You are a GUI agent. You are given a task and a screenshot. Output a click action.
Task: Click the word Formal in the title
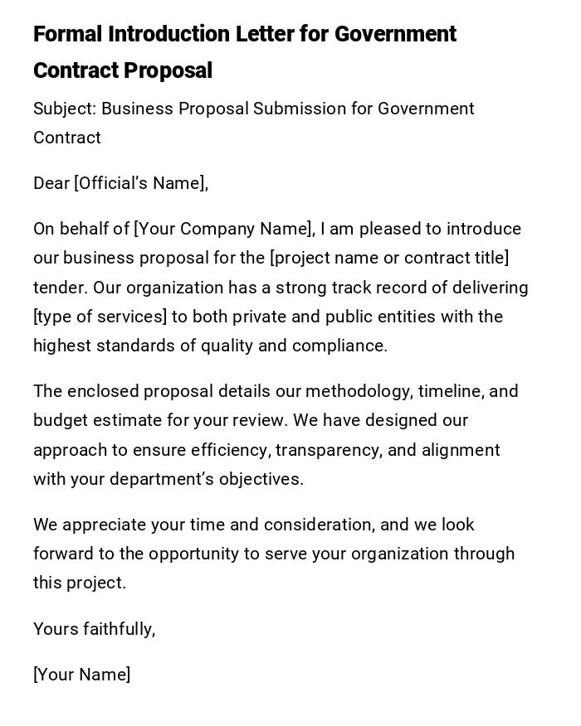click(67, 34)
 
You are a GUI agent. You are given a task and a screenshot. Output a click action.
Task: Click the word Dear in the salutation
click(51, 183)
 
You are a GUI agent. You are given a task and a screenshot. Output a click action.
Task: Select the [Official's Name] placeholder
click(141, 183)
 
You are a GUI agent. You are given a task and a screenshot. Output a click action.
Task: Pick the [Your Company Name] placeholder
click(224, 229)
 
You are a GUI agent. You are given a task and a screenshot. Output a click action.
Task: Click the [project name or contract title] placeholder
click(389, 258)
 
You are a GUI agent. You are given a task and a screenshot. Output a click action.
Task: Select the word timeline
click(449, 391)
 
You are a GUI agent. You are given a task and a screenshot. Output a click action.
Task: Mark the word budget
click(58, 420)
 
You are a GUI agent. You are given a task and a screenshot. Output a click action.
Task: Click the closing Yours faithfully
click(94, 629)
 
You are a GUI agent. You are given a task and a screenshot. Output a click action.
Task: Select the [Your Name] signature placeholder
click(81, 675)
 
